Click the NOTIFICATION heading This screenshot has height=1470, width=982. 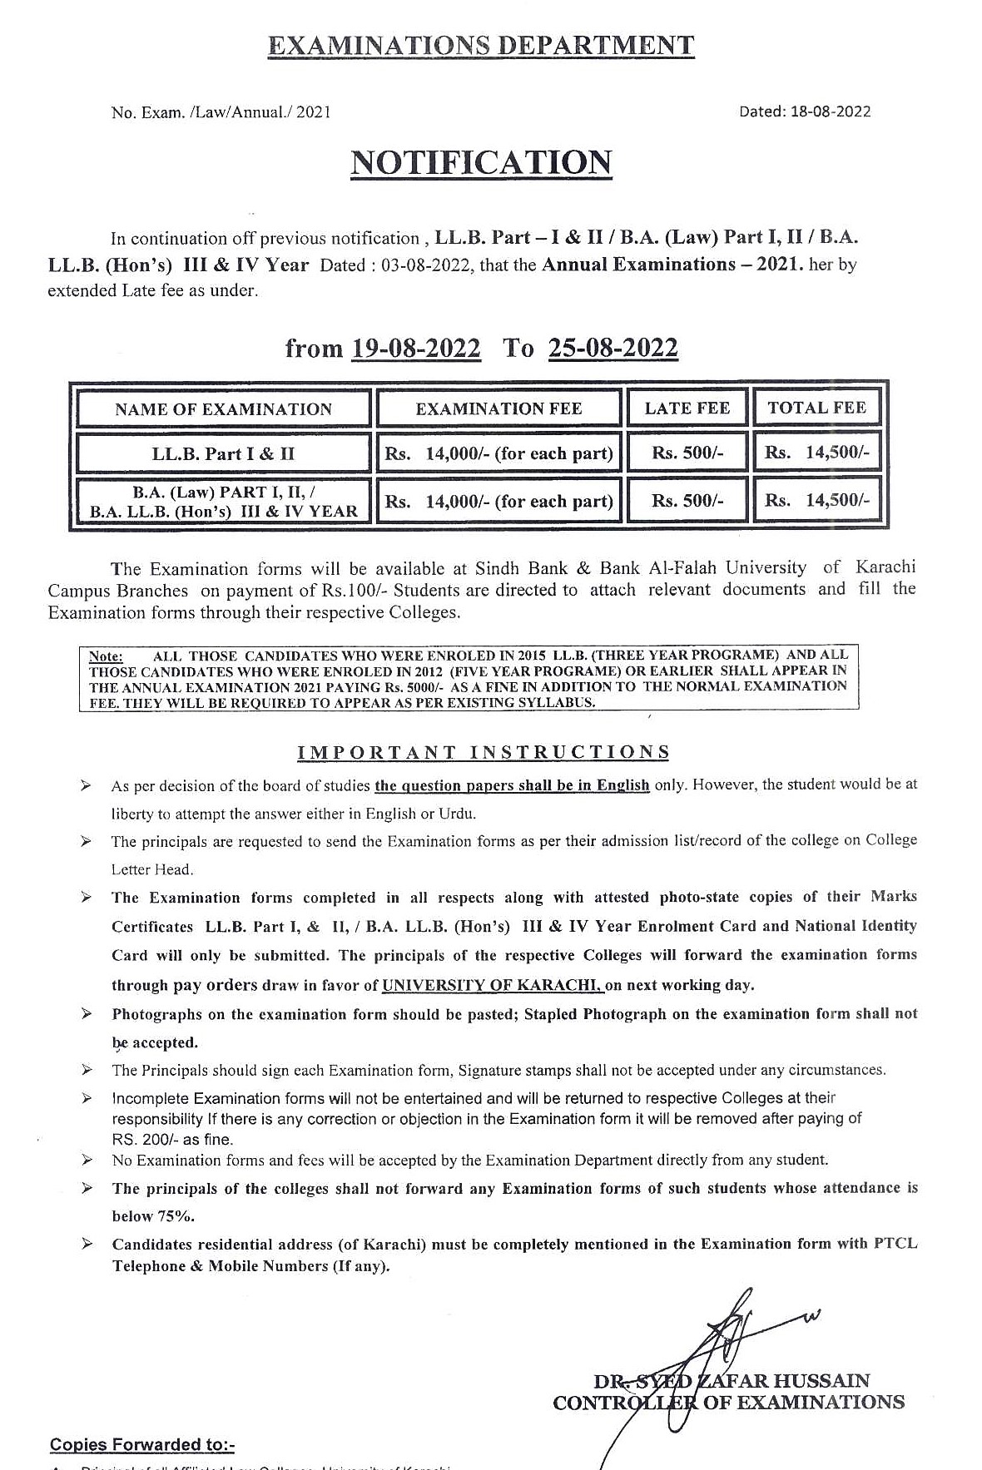pos(481,163)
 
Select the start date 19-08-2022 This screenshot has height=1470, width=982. pos(416,348)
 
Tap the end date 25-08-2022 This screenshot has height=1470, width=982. pos(613,348)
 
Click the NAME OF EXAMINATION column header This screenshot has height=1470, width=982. pos(223,409)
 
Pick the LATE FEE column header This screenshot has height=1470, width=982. pos(687,408)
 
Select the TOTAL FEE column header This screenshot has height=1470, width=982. pos(816,408)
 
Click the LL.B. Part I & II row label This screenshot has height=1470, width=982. pos(223,454)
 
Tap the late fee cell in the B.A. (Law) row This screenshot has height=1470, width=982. pos(687,501)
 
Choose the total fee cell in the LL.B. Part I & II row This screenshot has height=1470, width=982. pos(816,453)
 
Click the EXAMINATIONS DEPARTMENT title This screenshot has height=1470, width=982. pos(481,46)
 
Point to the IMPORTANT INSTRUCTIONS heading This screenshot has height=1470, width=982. pos(484,753)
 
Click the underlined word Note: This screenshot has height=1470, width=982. pos(106,656)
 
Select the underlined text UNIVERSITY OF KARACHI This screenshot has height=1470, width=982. pos(492,986)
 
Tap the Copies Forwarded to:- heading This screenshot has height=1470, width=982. pos(142,1444)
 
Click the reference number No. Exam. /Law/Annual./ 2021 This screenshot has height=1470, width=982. pos(221,112)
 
